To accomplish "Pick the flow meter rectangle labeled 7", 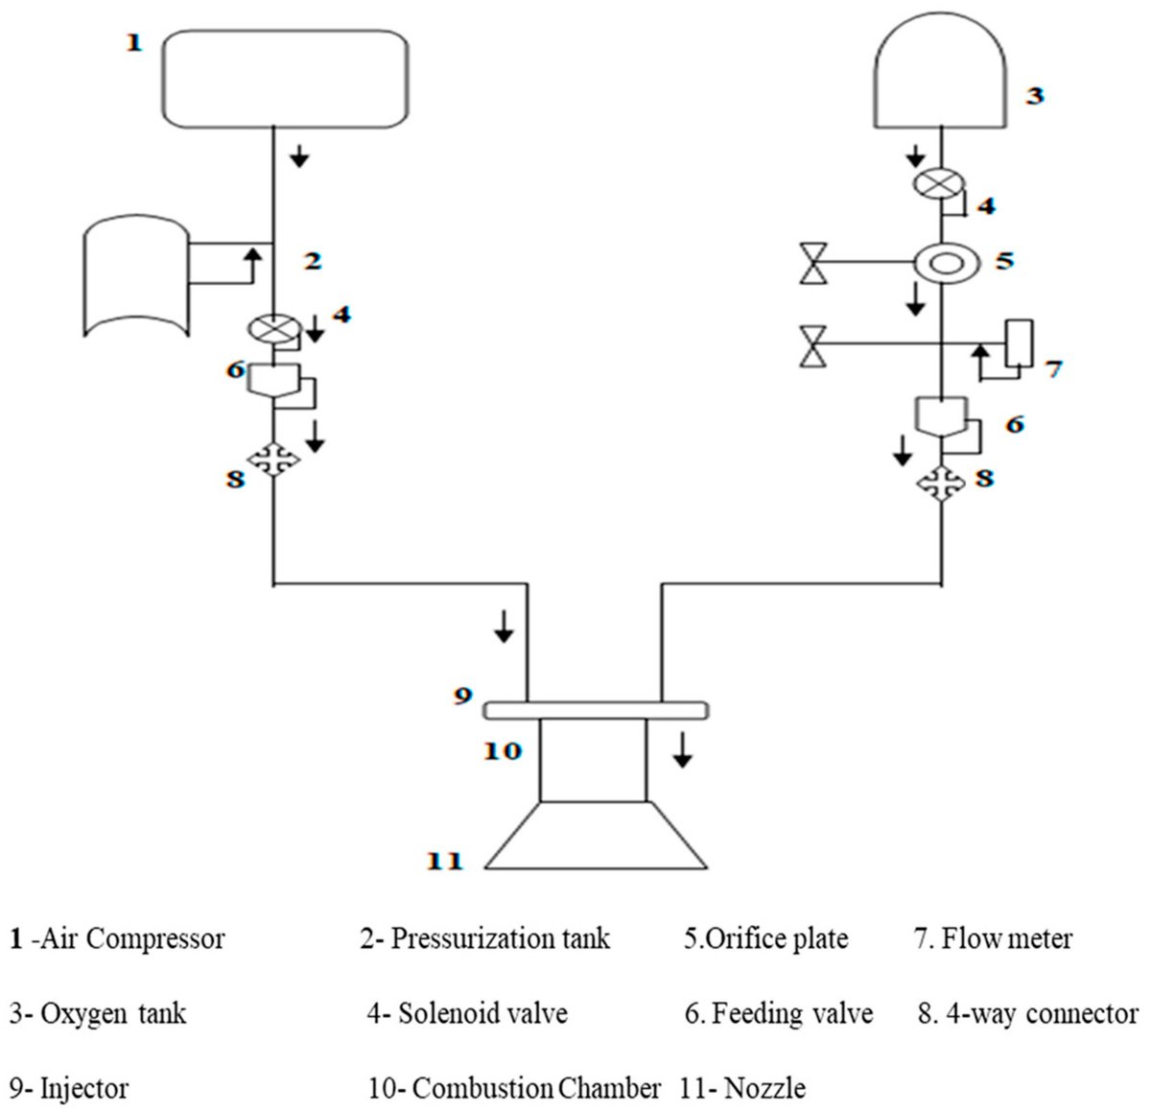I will (1017, 343).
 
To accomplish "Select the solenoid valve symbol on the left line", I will (274, 329).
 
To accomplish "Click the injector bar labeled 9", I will (595, 710).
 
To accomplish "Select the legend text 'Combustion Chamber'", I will (536, 1089).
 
